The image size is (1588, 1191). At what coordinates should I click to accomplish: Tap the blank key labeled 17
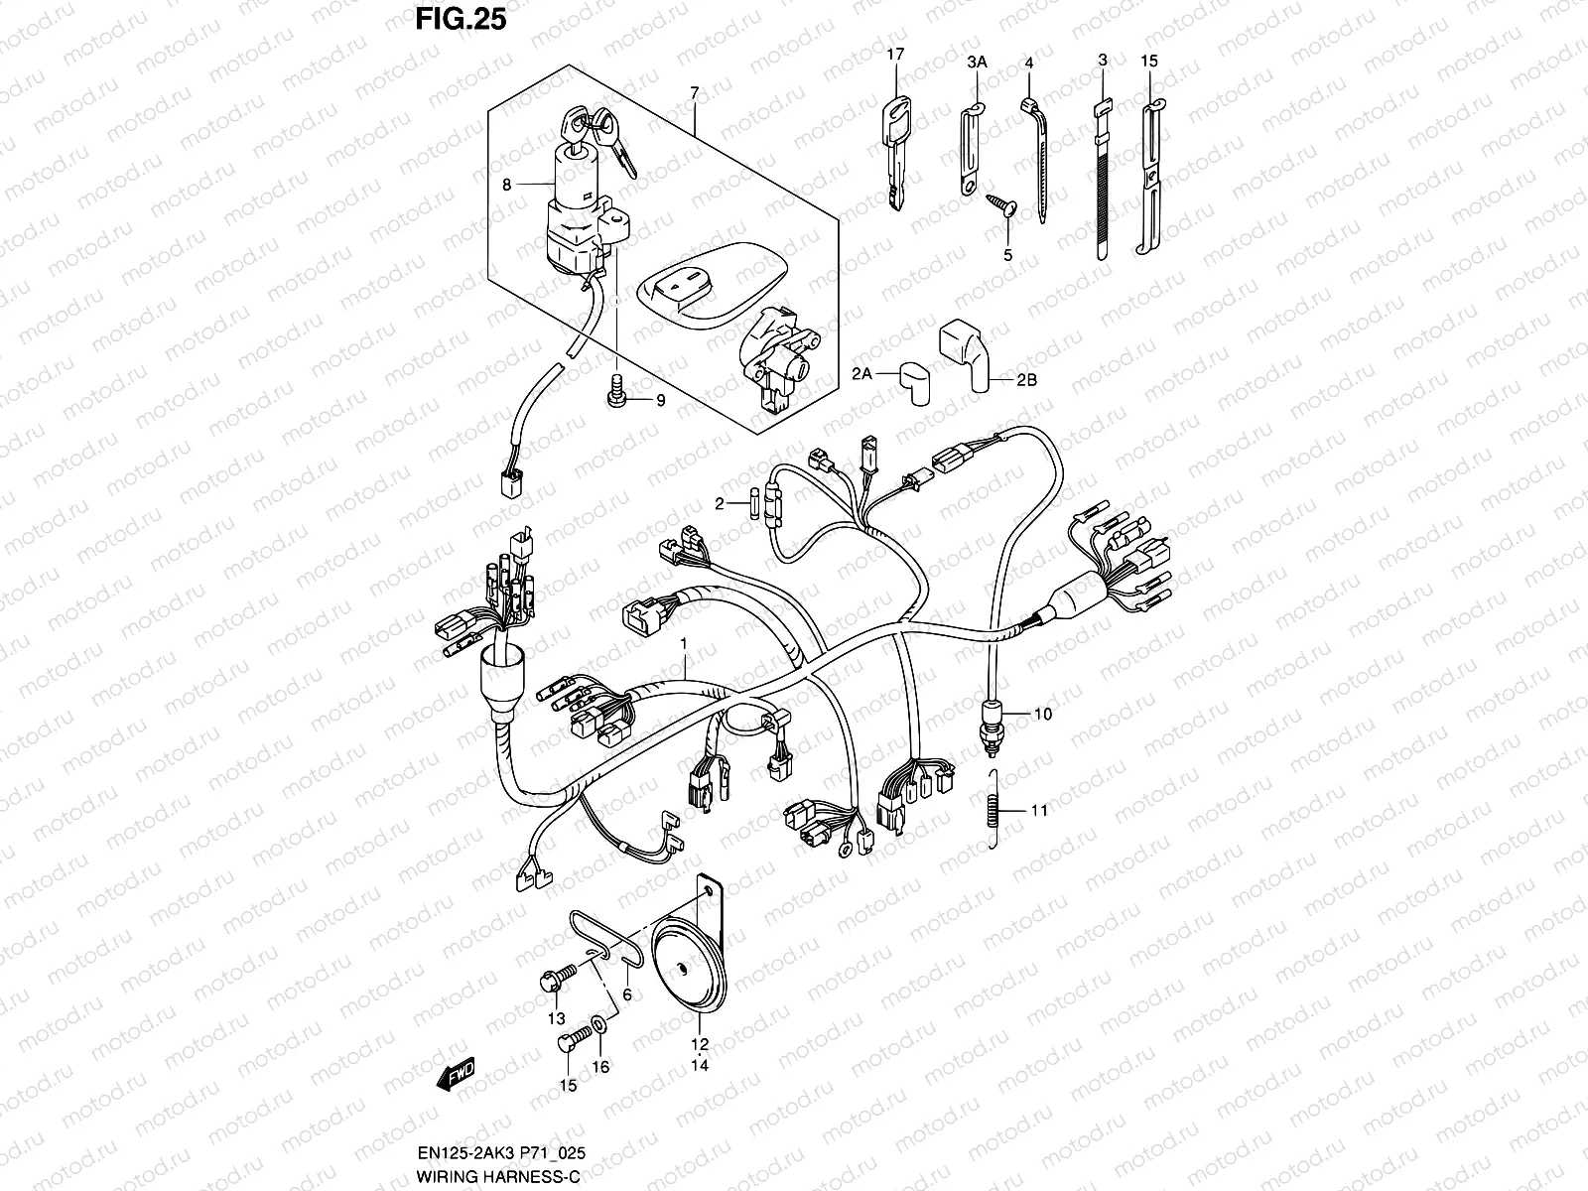[896, 149]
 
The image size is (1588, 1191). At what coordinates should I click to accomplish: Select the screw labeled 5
[1000, 206]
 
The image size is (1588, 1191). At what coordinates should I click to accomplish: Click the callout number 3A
[977, 62]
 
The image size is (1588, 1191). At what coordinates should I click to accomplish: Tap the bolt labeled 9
[614, 392]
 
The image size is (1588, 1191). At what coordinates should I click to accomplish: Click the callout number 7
[695, 92]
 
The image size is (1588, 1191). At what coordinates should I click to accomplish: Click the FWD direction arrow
[457, 1075]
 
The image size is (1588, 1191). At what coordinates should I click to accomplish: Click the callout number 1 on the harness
[683, 644]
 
